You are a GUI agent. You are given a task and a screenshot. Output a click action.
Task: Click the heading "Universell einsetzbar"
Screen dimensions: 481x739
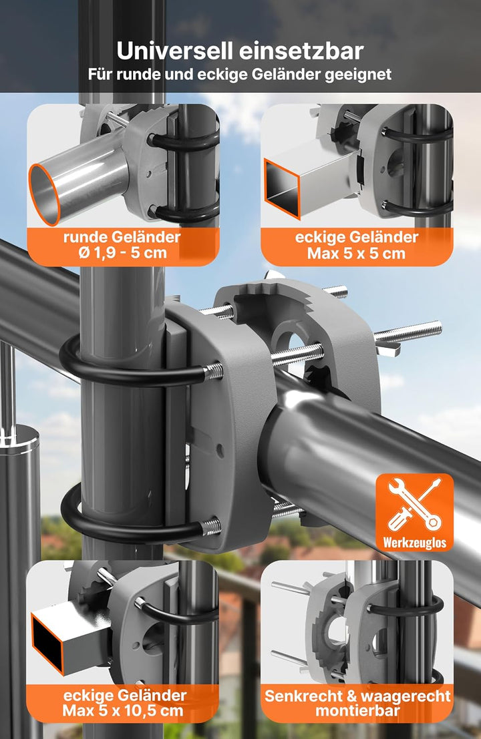coord(240,51)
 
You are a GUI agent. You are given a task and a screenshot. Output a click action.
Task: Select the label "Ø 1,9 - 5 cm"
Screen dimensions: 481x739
coord(123,253)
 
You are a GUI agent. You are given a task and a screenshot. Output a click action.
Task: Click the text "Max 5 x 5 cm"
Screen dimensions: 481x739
coord(356,254)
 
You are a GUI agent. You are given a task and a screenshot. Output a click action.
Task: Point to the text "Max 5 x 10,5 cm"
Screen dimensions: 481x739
coord(123,710)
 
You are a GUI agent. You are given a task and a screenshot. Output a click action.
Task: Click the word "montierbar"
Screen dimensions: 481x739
coord(357,711)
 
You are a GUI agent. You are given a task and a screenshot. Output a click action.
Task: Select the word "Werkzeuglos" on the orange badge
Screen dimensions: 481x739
coord(414,543)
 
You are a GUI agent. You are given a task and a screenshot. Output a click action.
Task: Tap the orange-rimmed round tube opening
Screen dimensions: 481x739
coord(44,194)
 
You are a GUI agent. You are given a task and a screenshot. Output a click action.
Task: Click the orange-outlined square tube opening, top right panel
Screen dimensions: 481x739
coord(282,188)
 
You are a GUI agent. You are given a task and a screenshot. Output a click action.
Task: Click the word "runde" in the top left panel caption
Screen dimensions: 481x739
coord(86,236)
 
